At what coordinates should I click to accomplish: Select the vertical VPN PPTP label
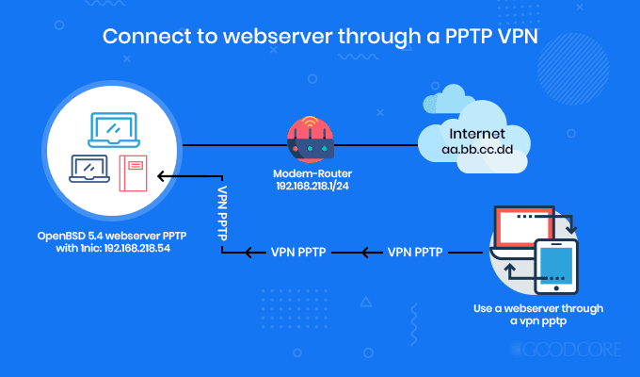pyautogui.click(x=222, y=214)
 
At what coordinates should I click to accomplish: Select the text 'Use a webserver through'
pyautogui.click(x=538, y=308)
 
